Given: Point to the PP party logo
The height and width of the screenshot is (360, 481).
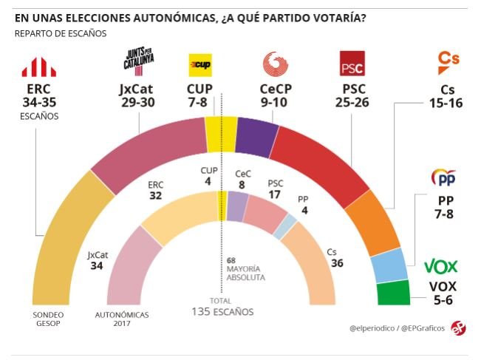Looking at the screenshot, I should coord(443,178).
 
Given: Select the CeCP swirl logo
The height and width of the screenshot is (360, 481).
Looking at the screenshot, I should coord(276,64).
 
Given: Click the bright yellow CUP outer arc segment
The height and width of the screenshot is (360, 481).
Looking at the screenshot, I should coord(220,132).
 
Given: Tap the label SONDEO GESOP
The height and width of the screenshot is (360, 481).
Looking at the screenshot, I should coord(46,319).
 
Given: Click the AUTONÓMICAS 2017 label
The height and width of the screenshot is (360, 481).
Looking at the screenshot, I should coord(122,319).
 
